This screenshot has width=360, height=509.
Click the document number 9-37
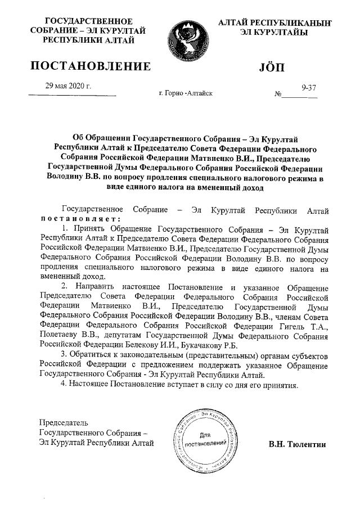coord(309,88)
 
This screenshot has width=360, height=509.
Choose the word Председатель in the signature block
coord(64,422)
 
